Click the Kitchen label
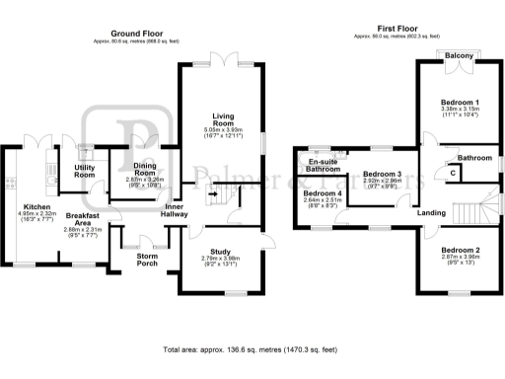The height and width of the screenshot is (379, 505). pos(36,207)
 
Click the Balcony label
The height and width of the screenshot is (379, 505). pos(459,55)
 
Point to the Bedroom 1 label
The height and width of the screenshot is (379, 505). pos(460,103)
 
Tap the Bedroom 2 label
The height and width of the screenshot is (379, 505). pos(460,250)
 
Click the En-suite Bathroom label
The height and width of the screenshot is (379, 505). pos(324,165)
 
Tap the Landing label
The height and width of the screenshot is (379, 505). pos(430,212)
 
